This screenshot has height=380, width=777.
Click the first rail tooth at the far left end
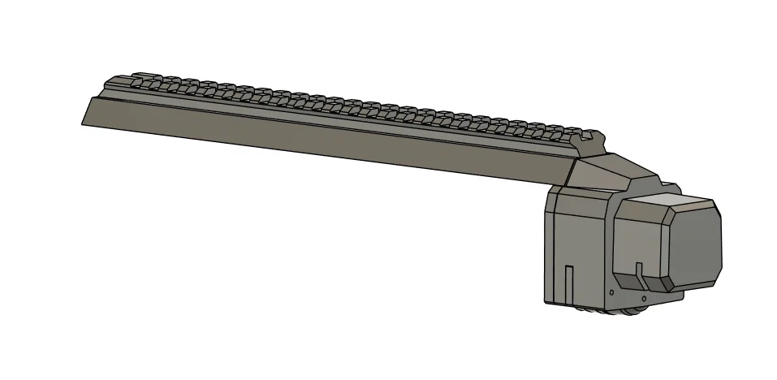point(114,80)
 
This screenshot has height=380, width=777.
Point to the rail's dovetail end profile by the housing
point(590,146)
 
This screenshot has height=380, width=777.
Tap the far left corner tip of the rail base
point(83,123)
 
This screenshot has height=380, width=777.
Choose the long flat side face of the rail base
point(325,142)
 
